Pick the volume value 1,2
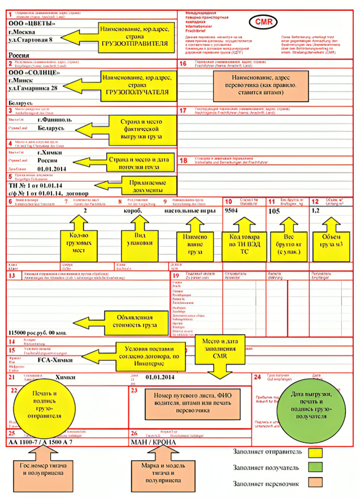pyautogui.click(x=316, y=211)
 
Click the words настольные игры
pyautogui.click(x=190, y=211)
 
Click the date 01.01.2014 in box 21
pyautogui.click(x=160, y=377)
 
